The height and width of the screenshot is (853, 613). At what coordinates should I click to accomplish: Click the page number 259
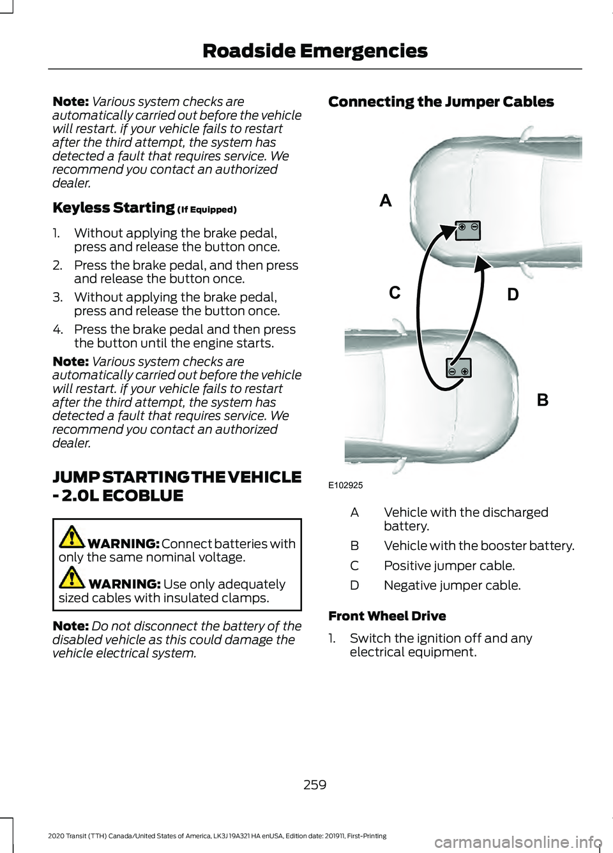tap(315, 785)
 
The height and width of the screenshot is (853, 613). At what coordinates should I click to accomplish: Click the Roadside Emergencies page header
tap(315, 51)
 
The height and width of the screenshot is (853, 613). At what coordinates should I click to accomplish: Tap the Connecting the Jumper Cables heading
tap(441, 102)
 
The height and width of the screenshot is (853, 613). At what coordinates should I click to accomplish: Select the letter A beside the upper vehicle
tap(386, 201)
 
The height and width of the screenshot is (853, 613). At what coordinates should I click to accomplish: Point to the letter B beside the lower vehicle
tap(543, 400)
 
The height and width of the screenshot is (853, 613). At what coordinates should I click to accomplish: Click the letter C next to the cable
tap(395, 293)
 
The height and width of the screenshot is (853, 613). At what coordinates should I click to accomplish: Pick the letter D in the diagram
tap(513, 295)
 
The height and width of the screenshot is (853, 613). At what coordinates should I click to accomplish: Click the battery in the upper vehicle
tap(467, 230)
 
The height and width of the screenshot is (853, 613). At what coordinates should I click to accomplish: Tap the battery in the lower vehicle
tap(458, 368)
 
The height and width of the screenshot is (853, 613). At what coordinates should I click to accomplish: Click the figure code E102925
tap(345, 486)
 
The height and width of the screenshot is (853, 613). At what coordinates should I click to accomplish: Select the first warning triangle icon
tap(72, 538)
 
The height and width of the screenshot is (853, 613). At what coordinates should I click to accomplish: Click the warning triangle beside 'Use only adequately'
tap(72, 578)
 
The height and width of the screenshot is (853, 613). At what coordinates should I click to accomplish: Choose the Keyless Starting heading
tap(114, 208)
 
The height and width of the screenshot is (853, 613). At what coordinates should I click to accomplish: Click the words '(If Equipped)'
tap(207, 210)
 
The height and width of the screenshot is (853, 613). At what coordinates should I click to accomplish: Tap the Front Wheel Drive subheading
tap(387, 616)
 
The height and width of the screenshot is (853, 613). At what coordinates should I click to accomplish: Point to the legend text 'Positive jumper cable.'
tap(449, 566)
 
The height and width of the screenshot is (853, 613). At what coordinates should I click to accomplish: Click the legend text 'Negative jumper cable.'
tap(452, 586)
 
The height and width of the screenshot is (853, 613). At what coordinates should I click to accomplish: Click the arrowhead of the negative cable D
tap(481, 263)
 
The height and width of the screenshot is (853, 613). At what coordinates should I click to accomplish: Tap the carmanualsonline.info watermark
tap(517, 842)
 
